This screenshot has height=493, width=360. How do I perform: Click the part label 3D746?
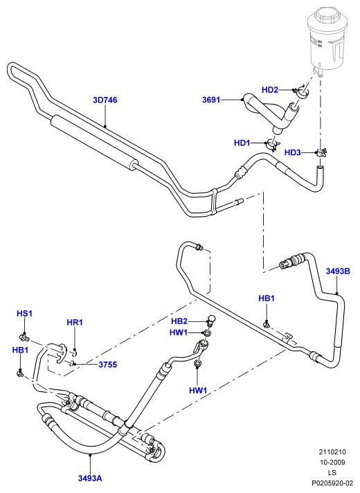click(x=105, y=100)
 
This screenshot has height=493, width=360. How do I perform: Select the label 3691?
click(x=211, y=100)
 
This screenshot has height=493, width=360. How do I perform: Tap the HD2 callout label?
click(x=270, y=90)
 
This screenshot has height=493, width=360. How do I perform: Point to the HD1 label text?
click(x=242, y=143)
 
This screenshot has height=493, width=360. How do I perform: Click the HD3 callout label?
click(x=293, y=152)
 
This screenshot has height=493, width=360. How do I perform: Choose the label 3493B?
click(x=338, y=271)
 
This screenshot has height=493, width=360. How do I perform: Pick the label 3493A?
click(x=90, y=478)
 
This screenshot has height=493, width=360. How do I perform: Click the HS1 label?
click(x=24, y=314)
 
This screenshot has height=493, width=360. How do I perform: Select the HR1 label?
click(x=75, y=322)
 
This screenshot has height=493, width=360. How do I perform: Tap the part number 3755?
click(x=108, y=365)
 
